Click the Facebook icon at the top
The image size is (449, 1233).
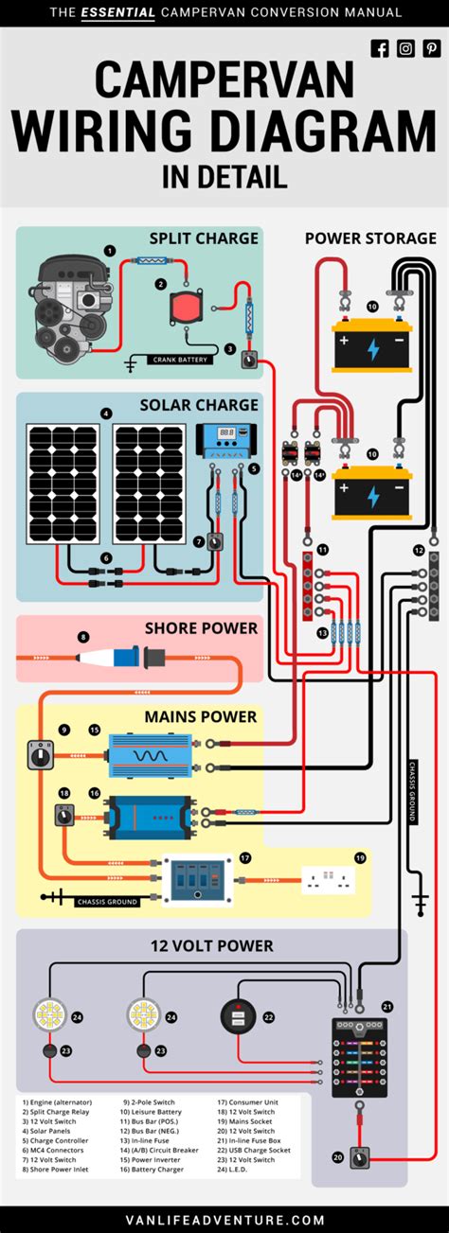380,49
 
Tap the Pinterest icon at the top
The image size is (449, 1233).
431,49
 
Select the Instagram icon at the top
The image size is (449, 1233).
405,49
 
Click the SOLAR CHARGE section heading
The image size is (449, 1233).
199,405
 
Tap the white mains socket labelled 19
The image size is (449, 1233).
327,881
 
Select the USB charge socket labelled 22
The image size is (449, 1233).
236,1018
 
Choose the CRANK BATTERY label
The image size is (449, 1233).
179,360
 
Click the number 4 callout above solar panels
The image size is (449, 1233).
106,414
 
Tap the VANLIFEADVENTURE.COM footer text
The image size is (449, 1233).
224,1220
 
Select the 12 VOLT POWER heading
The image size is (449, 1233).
210,945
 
